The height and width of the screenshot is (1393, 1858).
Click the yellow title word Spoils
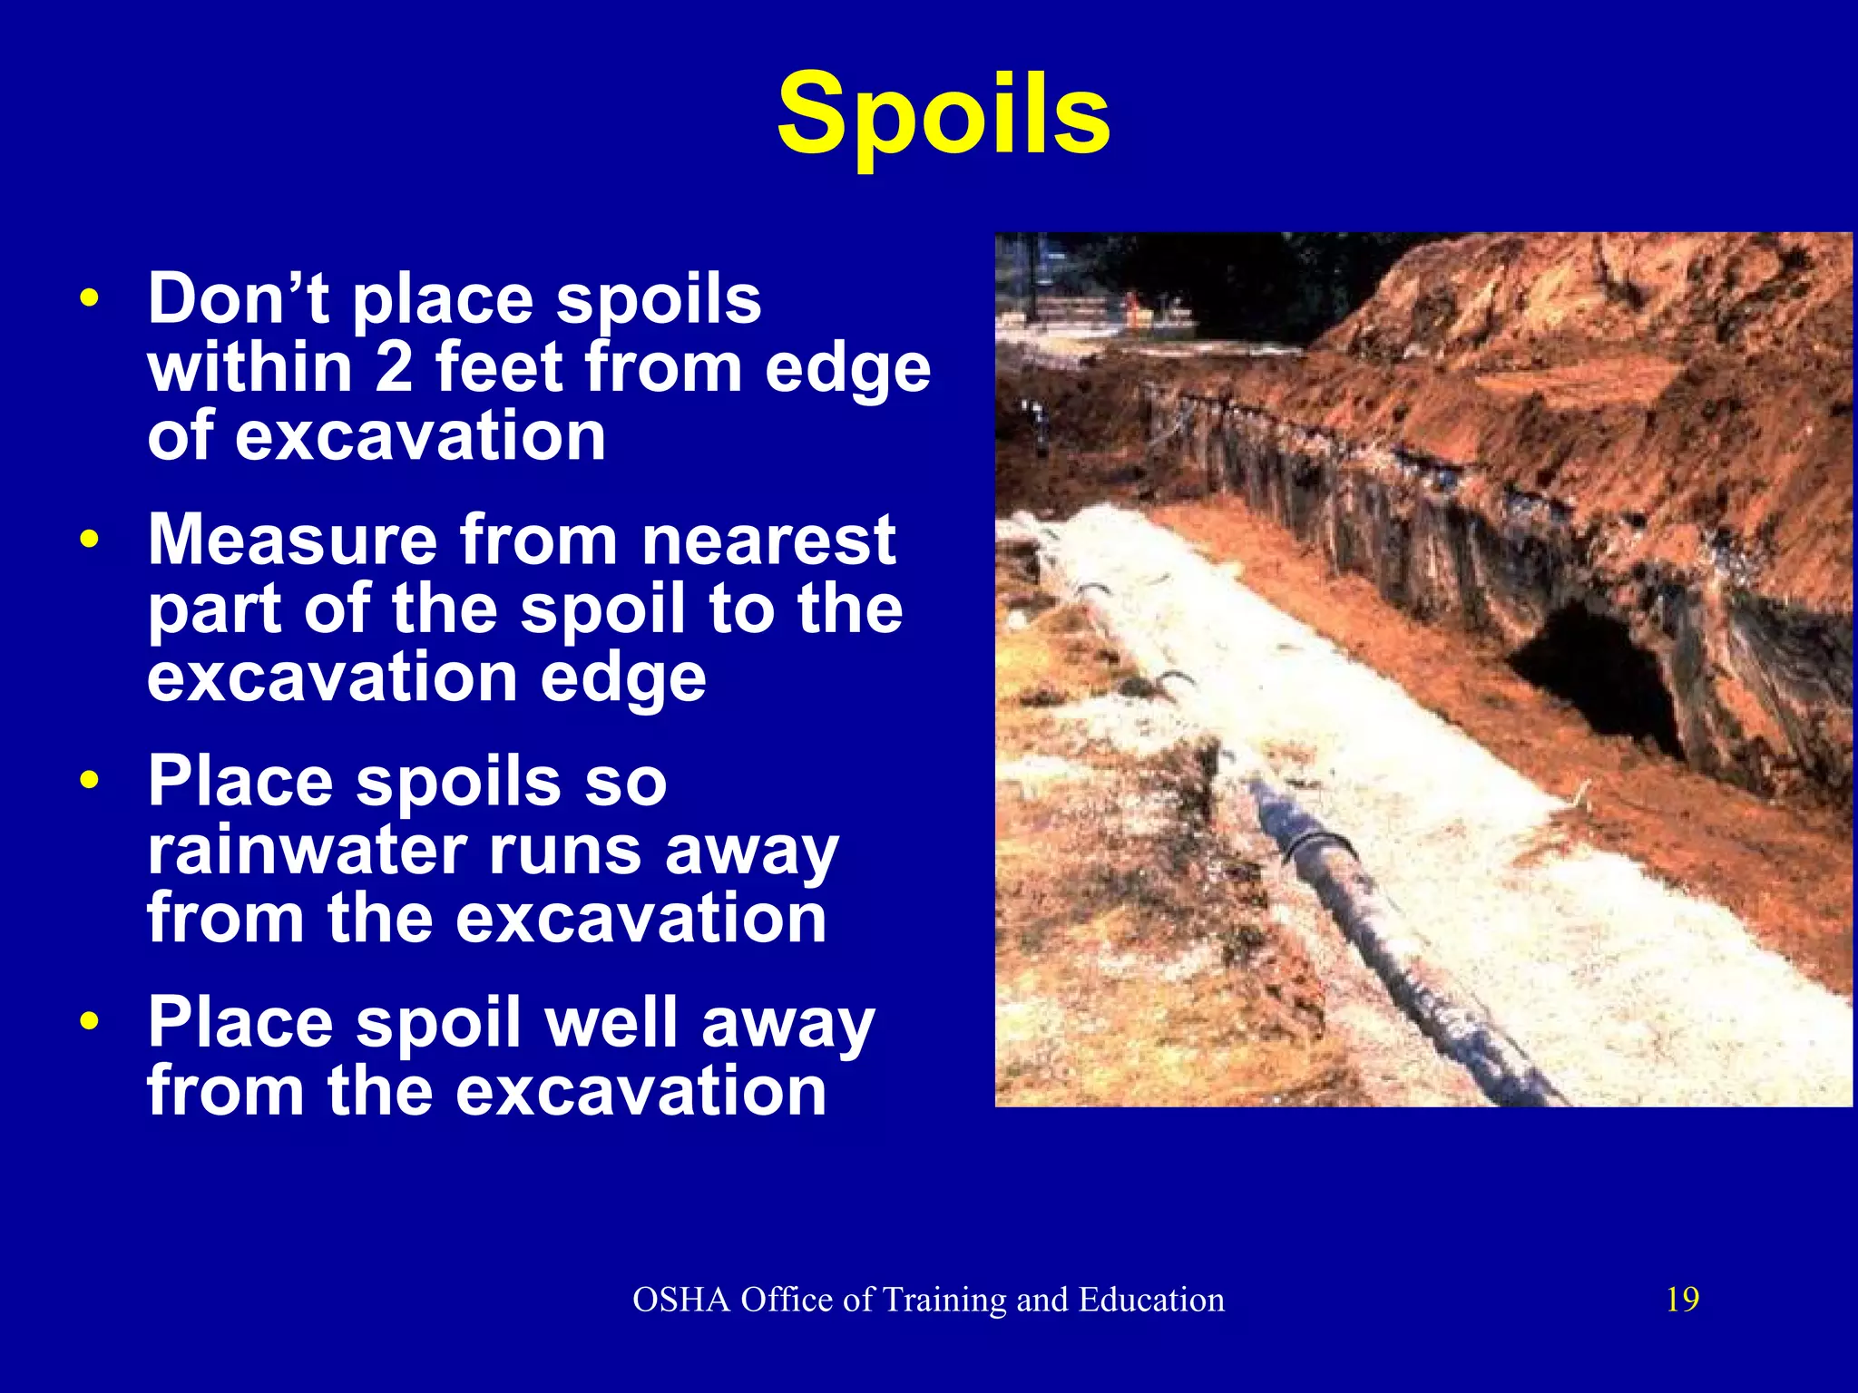point(944,116)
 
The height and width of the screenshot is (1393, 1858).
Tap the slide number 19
point(1682,1300)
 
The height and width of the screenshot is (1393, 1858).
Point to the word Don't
point(238,298)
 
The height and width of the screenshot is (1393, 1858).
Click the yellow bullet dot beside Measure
point(88,540)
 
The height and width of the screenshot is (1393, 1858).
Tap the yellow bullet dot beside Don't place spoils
point(88,298)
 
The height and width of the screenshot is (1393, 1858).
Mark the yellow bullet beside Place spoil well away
point(88,1022)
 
